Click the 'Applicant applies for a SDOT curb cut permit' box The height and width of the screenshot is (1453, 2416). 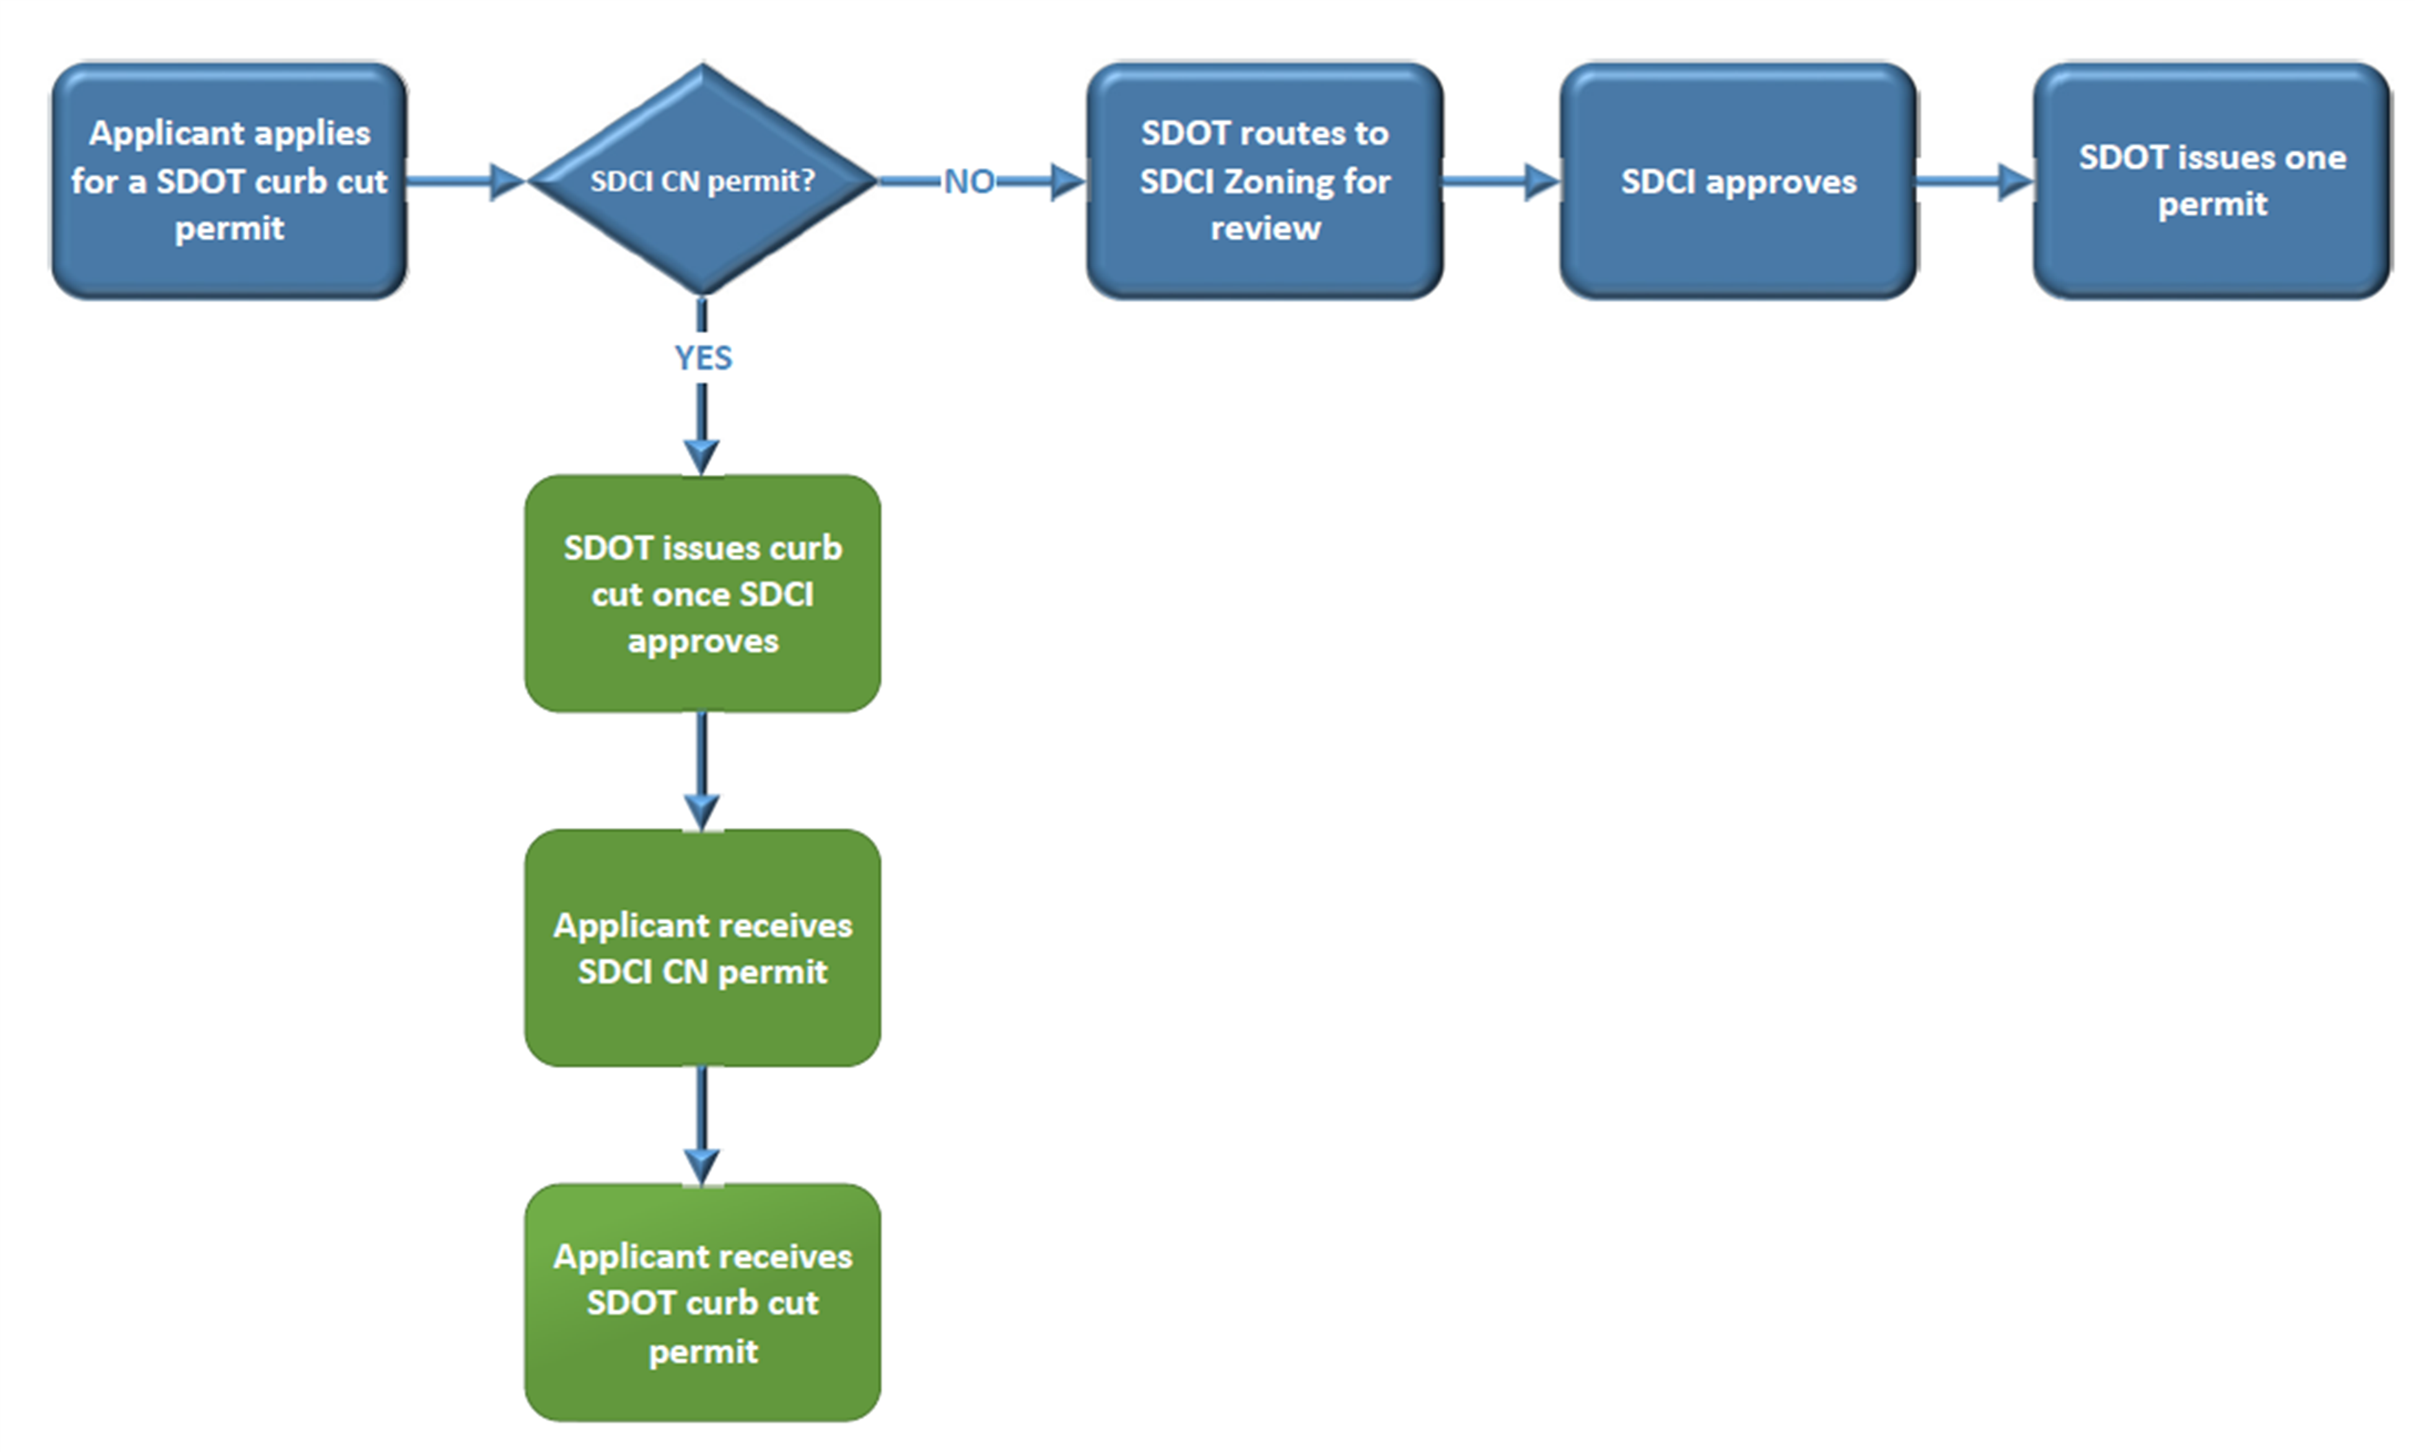(229, 181)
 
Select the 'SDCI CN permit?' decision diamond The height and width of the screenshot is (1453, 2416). (702, 180)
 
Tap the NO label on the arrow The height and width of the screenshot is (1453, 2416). (968, 181)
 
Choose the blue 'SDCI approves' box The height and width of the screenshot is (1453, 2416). (1738, 181)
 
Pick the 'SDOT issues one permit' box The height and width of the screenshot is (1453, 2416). (2212, 181)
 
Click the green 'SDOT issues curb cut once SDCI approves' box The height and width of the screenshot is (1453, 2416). (702, 594)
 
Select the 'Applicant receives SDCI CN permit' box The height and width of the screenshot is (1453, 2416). (702, 948)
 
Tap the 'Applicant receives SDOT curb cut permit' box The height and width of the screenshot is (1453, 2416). (702, 1302)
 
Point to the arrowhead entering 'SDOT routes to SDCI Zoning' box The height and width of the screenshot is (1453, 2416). (1067, 181)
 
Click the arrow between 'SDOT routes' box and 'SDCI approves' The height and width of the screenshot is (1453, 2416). (1500, 181)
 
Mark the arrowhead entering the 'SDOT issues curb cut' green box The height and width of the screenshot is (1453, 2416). (702, 456)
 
